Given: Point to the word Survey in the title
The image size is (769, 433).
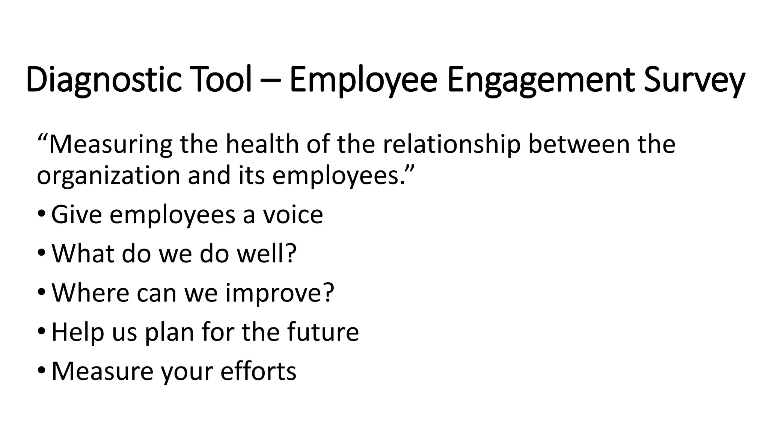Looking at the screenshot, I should [694, 80].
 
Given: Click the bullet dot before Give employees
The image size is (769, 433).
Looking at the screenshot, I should [41, 214].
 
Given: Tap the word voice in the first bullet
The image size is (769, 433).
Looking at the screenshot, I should [293, 215].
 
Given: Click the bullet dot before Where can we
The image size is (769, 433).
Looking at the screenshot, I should [41, 292].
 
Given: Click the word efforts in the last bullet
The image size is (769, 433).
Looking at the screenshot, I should [258, 371].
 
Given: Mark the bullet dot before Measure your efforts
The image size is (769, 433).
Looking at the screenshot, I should [41, 371].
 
